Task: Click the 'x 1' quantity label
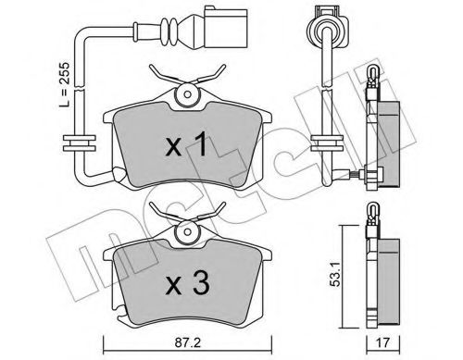[x=186, y=143]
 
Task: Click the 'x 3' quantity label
[x=187, y=284]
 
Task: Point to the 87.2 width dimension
[x=187, y=343]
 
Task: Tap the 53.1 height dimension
[x=335, y=274]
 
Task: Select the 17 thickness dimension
[x=382, y=343]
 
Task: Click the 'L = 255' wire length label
[x=65, y=84]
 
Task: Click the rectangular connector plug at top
[x=225, y=28]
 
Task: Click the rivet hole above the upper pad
[x=187, y=93]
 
